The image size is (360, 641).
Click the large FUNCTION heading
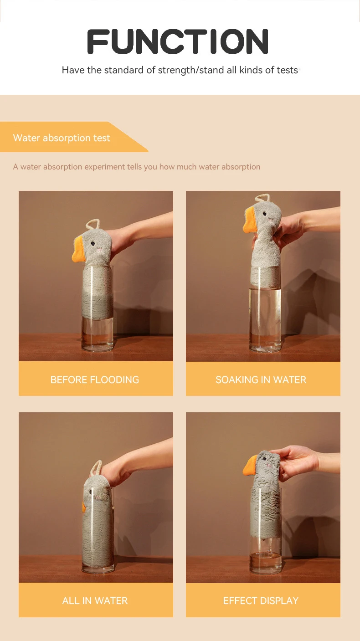(x=178, y=41)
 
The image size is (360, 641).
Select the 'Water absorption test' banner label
(x=62, y=138)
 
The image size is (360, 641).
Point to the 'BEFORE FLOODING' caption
(x=95, y=379)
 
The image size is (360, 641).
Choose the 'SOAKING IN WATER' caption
(x=261, y=379)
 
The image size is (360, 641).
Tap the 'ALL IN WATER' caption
(x=95, y=600)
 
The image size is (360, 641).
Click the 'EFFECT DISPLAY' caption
(x=261, y=600)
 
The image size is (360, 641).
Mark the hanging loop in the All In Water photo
(x=96, y=467)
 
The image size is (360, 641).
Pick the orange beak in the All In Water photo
(x=84, y=507)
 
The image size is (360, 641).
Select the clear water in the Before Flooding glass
(x=97, y=335)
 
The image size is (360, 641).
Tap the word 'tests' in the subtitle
(x=287, y=70)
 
